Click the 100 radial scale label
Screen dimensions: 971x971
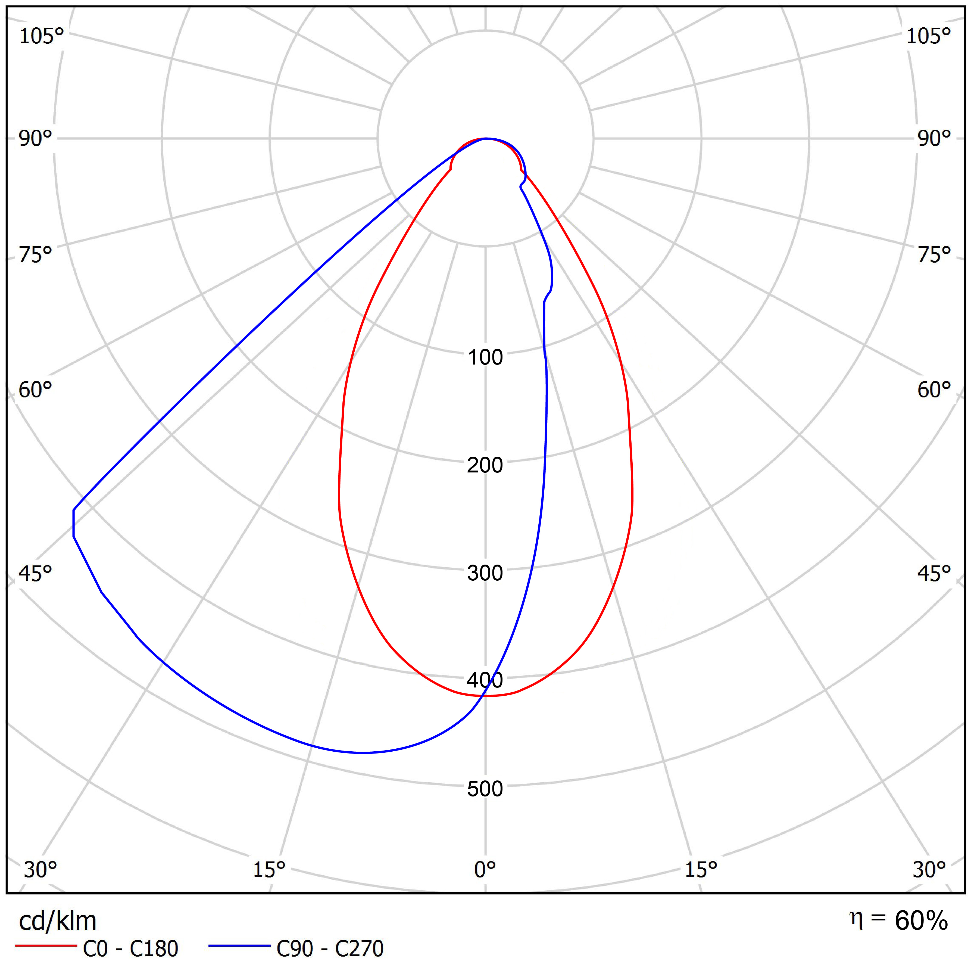(x=485, y=357)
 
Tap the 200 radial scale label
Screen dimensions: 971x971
(x=485, y=465)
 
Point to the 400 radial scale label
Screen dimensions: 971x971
(x=485, y=680)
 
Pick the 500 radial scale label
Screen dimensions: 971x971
(x=485, y=789)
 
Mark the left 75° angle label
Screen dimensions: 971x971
(x=35, y=255)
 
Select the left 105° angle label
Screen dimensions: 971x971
(x=41, y=36)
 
